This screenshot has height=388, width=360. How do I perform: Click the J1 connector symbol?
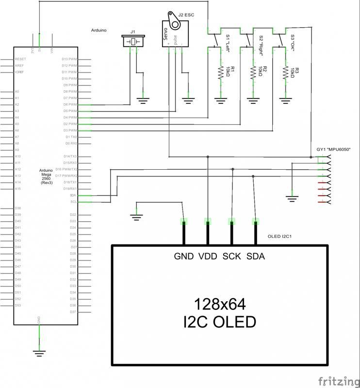[x=133, y=42]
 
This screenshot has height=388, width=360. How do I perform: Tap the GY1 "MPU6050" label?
[x=333, y=149]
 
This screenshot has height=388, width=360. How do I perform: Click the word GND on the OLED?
[x=184, y=257]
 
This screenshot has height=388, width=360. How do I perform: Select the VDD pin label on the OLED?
[x=208, y=257]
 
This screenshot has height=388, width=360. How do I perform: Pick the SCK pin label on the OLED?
[x=232, y=257]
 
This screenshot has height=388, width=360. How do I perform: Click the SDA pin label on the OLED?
[x=256, y=257]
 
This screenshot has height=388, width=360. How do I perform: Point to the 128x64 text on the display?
[x=220, y=304]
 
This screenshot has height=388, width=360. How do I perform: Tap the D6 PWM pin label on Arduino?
[x=70, y=104]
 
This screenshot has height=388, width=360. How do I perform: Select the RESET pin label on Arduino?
[x=20, y=59]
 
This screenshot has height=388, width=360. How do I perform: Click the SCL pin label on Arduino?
[x=73, y=202]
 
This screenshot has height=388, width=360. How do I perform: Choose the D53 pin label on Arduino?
[x=18, y=306]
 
